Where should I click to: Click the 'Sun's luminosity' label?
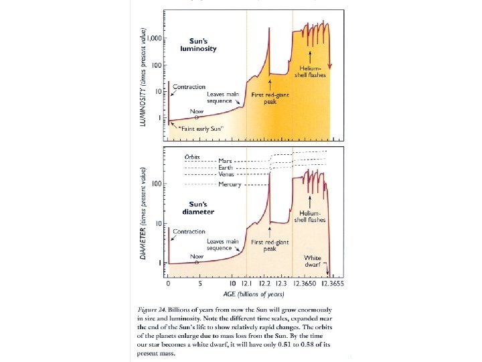(198, 45)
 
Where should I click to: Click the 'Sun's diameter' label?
(197, 208)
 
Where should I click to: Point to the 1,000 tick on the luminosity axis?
(157, 39)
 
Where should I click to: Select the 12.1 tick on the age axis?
(246, 284)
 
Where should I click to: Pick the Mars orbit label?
(226, 161)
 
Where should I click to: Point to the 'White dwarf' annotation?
(313, 261)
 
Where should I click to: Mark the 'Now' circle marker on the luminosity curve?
(196, 117)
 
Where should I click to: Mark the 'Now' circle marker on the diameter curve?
(196, 263)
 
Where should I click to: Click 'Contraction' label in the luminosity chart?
(189, 87)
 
